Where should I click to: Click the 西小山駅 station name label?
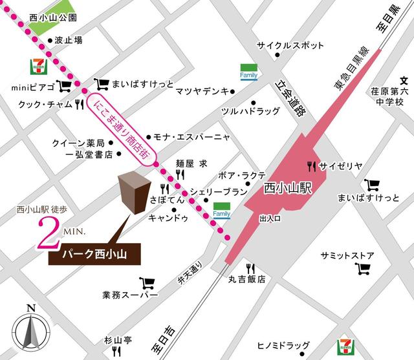tap(289, 189)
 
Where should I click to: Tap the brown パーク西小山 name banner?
tap(94, 255)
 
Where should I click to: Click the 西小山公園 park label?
tap(53, 18)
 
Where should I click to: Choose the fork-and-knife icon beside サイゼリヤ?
tap(312, 165)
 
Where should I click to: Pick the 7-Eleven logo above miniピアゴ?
tap(37, 66)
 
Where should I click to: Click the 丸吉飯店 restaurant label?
tap(246, 280)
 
